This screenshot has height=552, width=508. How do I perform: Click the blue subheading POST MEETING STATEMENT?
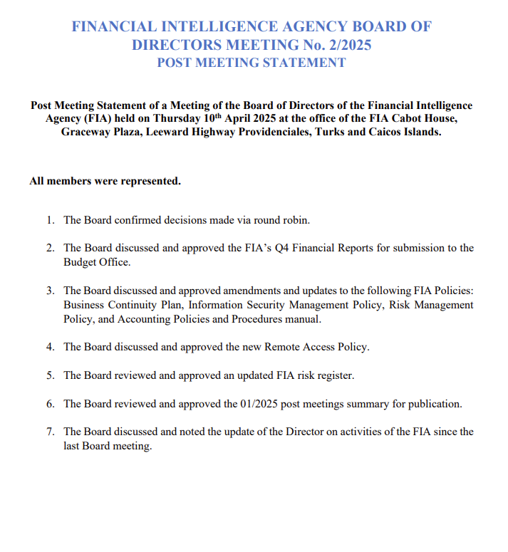252,63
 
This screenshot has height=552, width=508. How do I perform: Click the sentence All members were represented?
105,182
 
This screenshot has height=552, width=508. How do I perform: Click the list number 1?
51,220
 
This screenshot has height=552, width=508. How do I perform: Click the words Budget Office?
96,261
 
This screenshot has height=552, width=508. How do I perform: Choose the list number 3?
51,291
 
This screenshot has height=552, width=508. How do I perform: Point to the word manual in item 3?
304,319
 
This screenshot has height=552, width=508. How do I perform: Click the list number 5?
51,375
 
